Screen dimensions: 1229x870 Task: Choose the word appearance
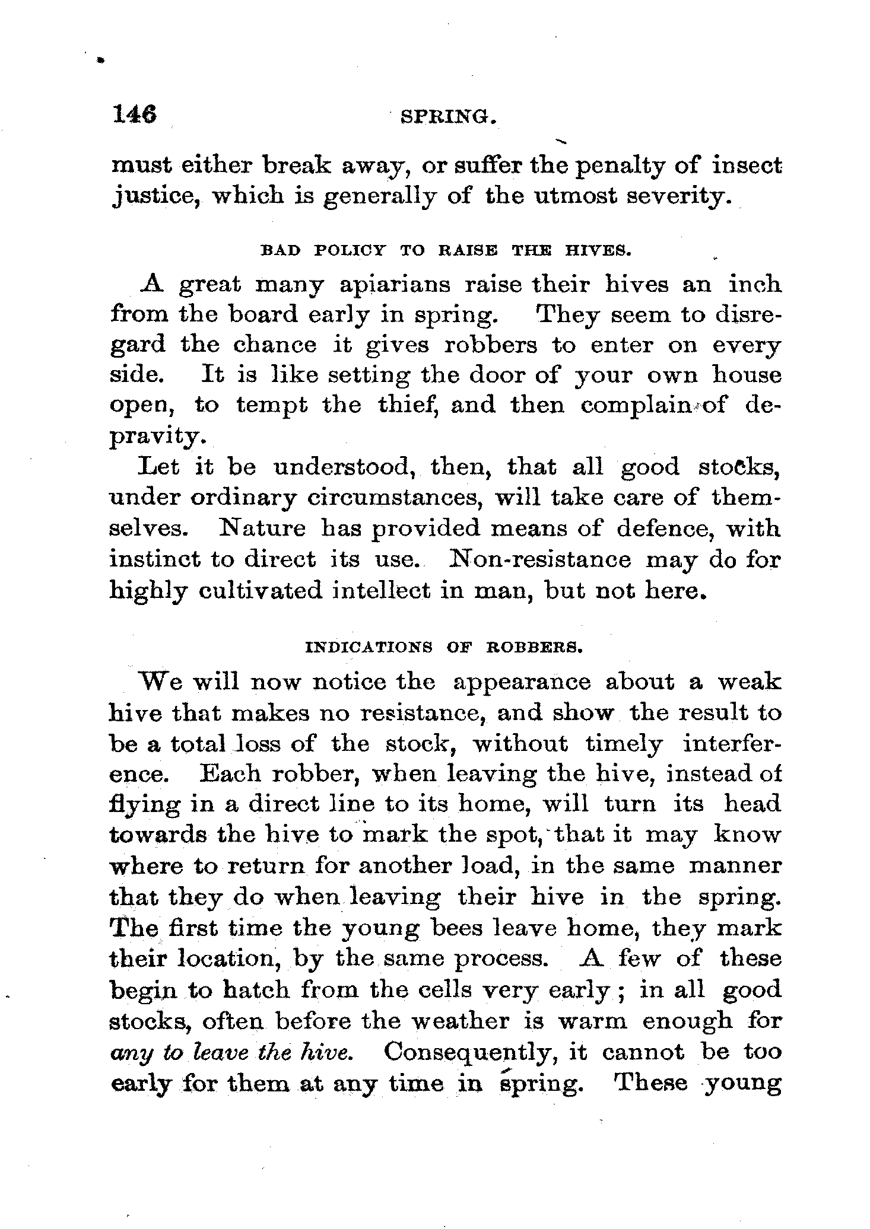click(522, 682)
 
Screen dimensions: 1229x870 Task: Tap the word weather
click(468, 1021)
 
